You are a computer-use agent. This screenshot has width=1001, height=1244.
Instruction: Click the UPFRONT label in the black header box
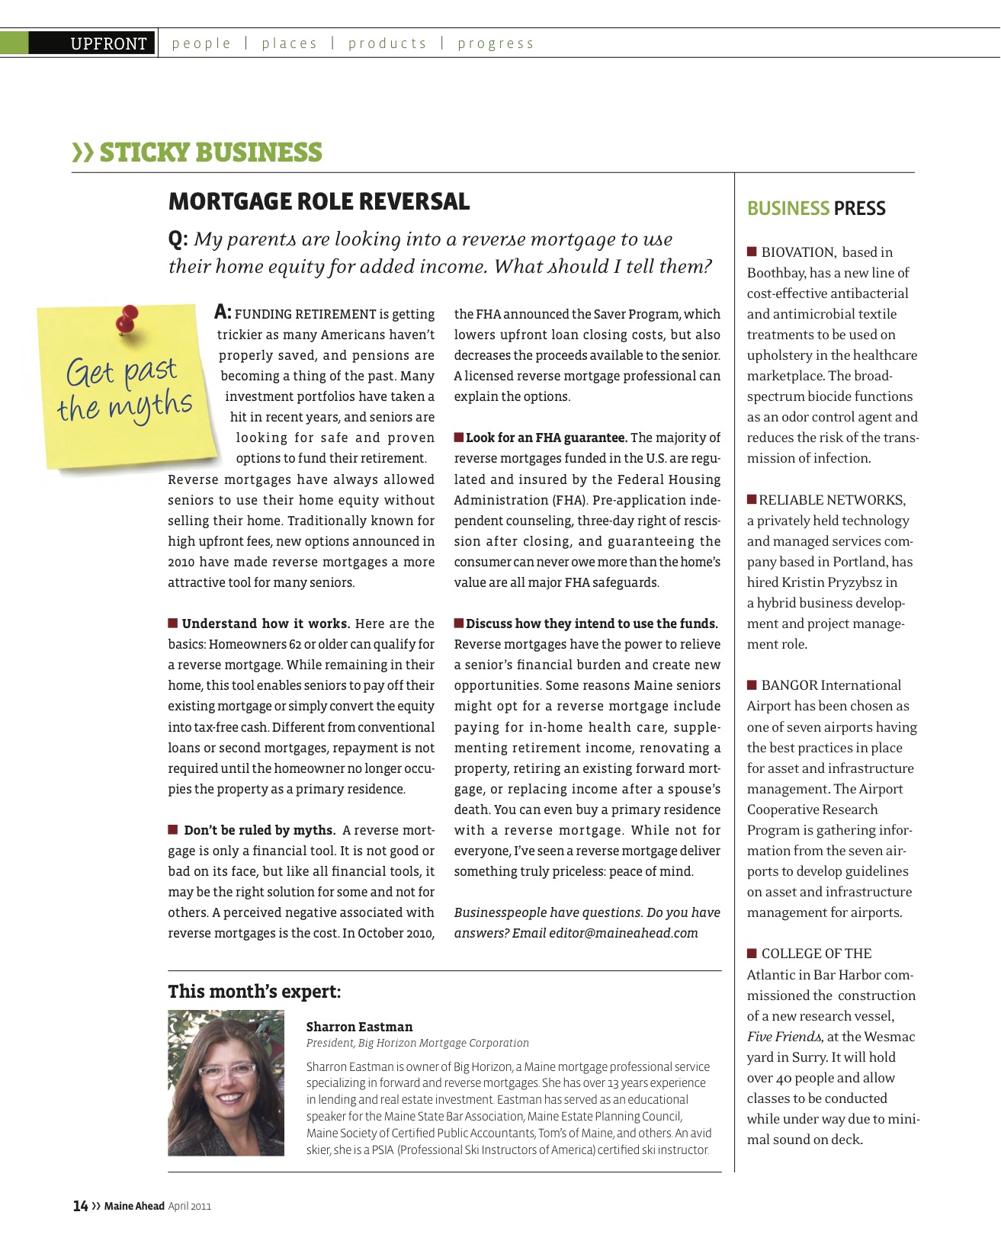108,43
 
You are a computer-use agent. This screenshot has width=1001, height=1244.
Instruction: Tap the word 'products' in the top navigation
387,43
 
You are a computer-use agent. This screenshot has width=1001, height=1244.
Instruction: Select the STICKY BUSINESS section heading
210,152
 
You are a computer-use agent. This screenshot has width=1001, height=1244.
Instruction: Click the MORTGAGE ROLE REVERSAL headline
319,201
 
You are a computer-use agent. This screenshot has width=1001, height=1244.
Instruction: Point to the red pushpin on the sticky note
127,317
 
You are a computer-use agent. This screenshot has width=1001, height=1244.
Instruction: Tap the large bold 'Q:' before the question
178,239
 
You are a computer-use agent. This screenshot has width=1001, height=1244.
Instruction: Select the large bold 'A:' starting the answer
223,312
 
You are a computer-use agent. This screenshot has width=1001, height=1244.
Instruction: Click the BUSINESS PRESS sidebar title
816,208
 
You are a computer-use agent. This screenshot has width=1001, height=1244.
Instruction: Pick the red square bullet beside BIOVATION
752,252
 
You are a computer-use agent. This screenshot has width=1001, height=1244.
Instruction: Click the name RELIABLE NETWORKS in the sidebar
832,500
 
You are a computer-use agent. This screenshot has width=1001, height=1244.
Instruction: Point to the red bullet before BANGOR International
752,685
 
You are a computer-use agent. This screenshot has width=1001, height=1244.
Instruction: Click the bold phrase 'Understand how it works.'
265,624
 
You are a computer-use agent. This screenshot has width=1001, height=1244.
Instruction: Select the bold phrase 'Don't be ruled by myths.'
259,830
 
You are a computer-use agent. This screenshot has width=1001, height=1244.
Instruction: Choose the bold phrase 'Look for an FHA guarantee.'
546,438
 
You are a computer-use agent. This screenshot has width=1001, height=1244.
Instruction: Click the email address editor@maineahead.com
623,933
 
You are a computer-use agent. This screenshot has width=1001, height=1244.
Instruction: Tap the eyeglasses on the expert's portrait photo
226,1069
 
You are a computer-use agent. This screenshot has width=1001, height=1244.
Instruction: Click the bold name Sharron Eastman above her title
359,1027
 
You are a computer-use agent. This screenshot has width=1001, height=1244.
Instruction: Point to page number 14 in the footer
80,1206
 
